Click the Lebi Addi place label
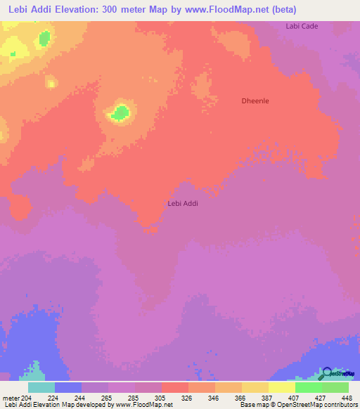click(183, 203)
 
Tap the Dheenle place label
click(255, 100)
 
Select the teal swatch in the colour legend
click(41, 387)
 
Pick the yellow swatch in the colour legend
click(282, 387)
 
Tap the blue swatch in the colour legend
click(68, 387)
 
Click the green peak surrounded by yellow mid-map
click(121, 112)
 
